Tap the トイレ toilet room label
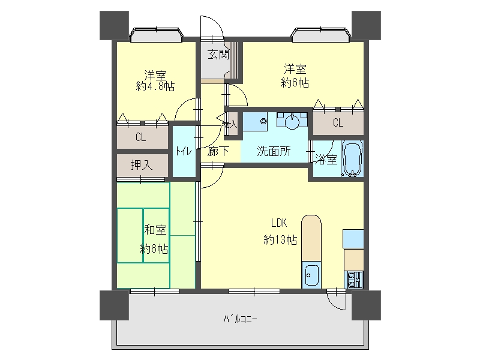coord(184,151)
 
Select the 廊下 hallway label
coord(218,151)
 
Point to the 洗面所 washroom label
coord(274,151)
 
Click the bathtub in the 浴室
coord(352,158)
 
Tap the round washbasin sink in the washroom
coord(292,121)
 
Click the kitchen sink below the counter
coord(311,275)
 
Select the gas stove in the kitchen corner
coord(353,280)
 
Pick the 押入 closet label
coord(141,165)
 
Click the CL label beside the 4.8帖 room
coord(141,137)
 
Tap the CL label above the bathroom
coord(338,123)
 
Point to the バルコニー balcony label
coord(241,319)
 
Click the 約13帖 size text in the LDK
coord(280,239)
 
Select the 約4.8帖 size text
coord(155,86)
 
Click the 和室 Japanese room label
coord(155,230)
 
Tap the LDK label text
coord(279,223)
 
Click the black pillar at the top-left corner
coord(114,25)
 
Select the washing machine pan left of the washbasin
coord(255,122)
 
